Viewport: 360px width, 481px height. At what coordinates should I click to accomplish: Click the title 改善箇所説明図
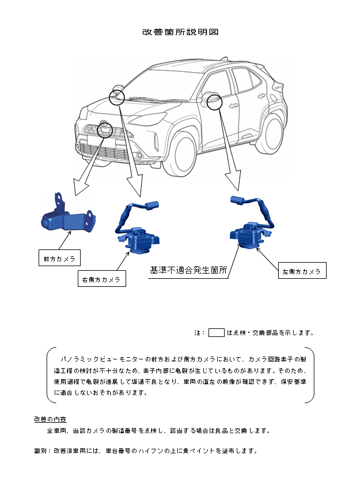pos(180,32)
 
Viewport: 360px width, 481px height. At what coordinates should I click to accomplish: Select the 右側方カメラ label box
pos(101,279)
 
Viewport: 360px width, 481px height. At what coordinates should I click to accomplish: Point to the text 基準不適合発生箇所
pos(188,270)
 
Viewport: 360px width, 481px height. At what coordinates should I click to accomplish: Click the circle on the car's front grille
pos(104,130)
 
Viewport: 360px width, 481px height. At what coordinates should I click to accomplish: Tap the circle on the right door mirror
pos(117,97)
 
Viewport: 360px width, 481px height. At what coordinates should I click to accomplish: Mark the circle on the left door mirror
pos(214,102)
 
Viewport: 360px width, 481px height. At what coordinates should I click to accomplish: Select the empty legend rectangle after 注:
pos(216,332)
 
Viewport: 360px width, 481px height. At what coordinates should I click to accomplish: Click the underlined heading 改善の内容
pos(50,419)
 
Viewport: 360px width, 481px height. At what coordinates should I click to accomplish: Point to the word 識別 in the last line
pos(40,450)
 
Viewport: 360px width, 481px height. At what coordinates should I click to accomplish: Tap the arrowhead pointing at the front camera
pos(78,188)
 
